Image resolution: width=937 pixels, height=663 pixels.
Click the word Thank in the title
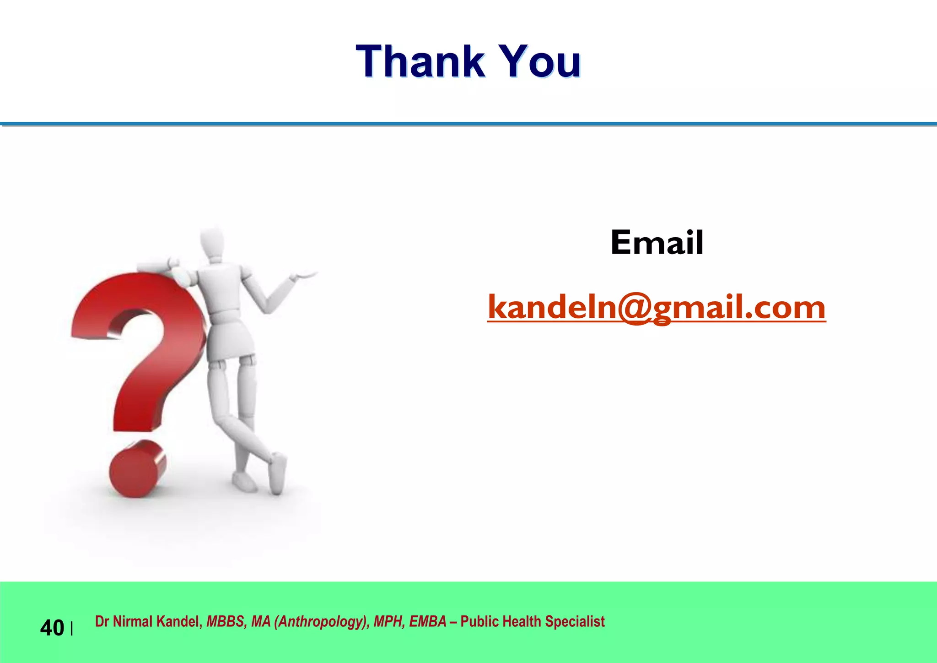pos(420,62)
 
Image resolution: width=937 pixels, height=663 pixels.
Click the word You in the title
pos(540,62)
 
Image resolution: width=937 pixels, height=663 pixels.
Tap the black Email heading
pos(657,243)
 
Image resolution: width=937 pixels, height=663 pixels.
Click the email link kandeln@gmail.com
pos(657,307)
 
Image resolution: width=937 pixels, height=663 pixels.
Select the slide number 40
pos(52,628)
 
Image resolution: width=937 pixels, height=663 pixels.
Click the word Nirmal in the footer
pos(133,622)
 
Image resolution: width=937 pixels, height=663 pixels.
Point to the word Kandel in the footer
pos(179,622)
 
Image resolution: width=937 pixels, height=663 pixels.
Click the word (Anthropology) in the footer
pos(322,622)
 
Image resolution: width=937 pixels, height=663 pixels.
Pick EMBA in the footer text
pos(428,622)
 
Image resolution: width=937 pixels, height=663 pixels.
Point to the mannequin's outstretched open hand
pos(304,275)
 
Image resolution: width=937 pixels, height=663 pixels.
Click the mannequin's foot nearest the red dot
pos(244,481)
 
